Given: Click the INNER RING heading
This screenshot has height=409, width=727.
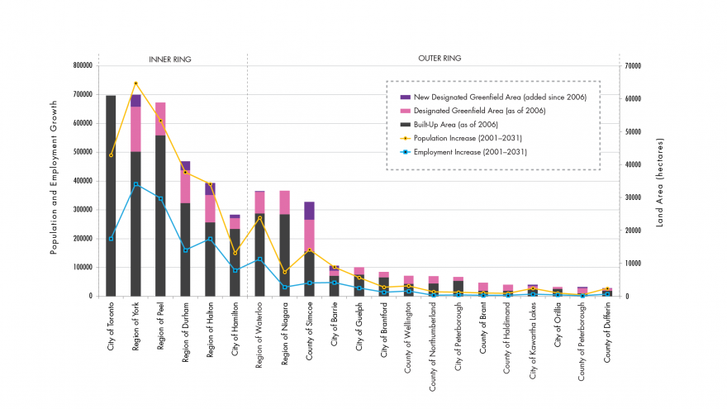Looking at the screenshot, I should click(169, 59).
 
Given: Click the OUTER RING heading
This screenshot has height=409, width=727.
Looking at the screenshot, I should click(440, 59).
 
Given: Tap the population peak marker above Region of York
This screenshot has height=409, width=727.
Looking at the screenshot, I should click(135, 83).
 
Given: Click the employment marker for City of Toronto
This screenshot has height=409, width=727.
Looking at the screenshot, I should click(111, 239).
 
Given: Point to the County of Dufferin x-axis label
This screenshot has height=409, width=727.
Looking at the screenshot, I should click(608, 331).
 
